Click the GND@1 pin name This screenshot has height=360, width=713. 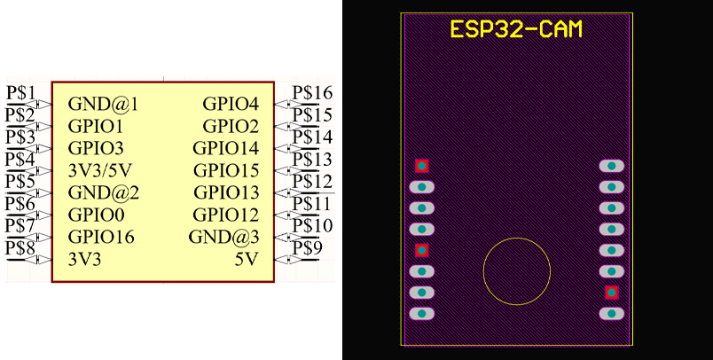coord(103,105)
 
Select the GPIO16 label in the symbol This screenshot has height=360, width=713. coord(100,237)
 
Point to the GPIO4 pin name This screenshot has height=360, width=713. coord(231,105)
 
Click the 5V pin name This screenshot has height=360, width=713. coord(247,260)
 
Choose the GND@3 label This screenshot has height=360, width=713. coord(223,237)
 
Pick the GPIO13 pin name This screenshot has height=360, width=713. coord(226,192)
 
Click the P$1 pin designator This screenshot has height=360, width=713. coord(20,92)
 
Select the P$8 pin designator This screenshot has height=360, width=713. coord(20,247)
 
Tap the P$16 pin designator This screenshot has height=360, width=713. coord(312,92)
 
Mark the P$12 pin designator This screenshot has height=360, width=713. coord(312,181)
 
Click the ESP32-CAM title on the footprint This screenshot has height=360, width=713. coord(516,29)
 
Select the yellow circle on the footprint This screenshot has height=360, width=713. coord(516,271)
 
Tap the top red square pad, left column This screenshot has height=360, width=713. coord(422,166)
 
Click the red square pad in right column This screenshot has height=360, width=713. coord(611,293)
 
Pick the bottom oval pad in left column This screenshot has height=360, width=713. coord(422,313)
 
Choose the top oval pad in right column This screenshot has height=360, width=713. coord(611,166)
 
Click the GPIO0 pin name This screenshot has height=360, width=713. coord(96,215)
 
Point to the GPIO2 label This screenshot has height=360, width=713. coord(231,126)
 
